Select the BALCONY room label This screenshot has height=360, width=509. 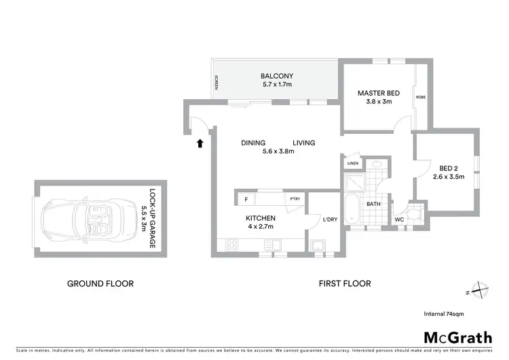[x=276, y=76]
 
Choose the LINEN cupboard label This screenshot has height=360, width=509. [x=352, y=164]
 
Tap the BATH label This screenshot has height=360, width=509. [x=373, y=203]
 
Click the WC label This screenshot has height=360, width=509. [x=399, y=219]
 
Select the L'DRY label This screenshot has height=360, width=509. [x=312, y=218]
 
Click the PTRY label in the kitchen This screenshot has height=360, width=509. [x=295, y=198]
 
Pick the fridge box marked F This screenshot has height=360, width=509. [x=245, y=199]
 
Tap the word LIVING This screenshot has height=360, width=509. [x=304, y=143]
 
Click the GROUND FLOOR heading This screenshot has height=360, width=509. [x=100, y=284]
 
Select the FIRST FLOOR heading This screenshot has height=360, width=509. [x=345, y=284]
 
